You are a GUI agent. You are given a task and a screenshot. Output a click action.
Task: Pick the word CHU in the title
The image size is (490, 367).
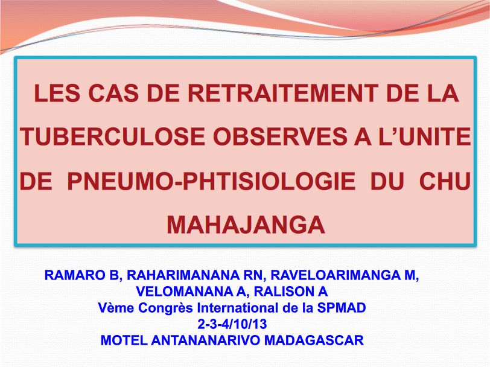pyautogui.click(x=444, y=182)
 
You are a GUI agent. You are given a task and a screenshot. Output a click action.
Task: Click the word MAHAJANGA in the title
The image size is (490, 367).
pyautogui.click(x=246, y=225)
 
